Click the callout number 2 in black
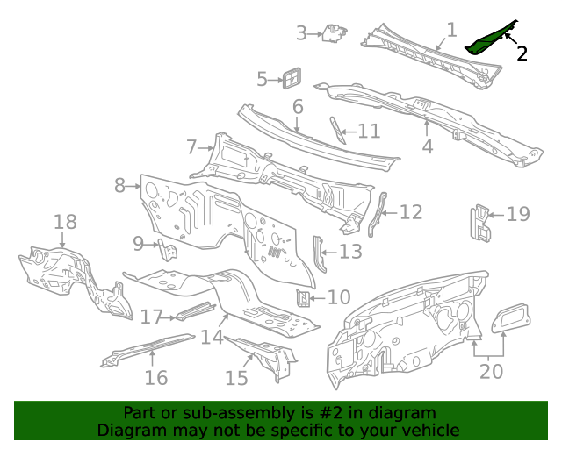click(x=522, y=53)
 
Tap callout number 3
click(x=301, y=33)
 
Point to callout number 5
click(x=262, y=80)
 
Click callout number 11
click(x=369, y=131)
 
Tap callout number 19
click(x=519, y=213)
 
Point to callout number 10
click(x=338, y=297)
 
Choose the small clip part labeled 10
click(x=303, y=297)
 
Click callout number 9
click(x=139, y=243)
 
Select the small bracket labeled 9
click(x=169, y=250)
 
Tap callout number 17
click(x=152, y=317)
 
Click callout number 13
click(x=349, y=253)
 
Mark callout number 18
click(x=66, y=222)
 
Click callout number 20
click(x=492, y=371)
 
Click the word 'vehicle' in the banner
click(x=430, y=431)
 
